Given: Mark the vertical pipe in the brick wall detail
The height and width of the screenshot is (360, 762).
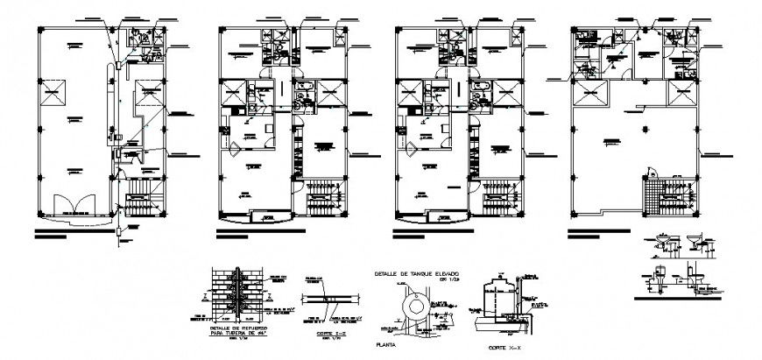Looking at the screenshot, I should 236,293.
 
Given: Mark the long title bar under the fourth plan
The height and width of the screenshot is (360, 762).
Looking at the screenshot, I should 601,233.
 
